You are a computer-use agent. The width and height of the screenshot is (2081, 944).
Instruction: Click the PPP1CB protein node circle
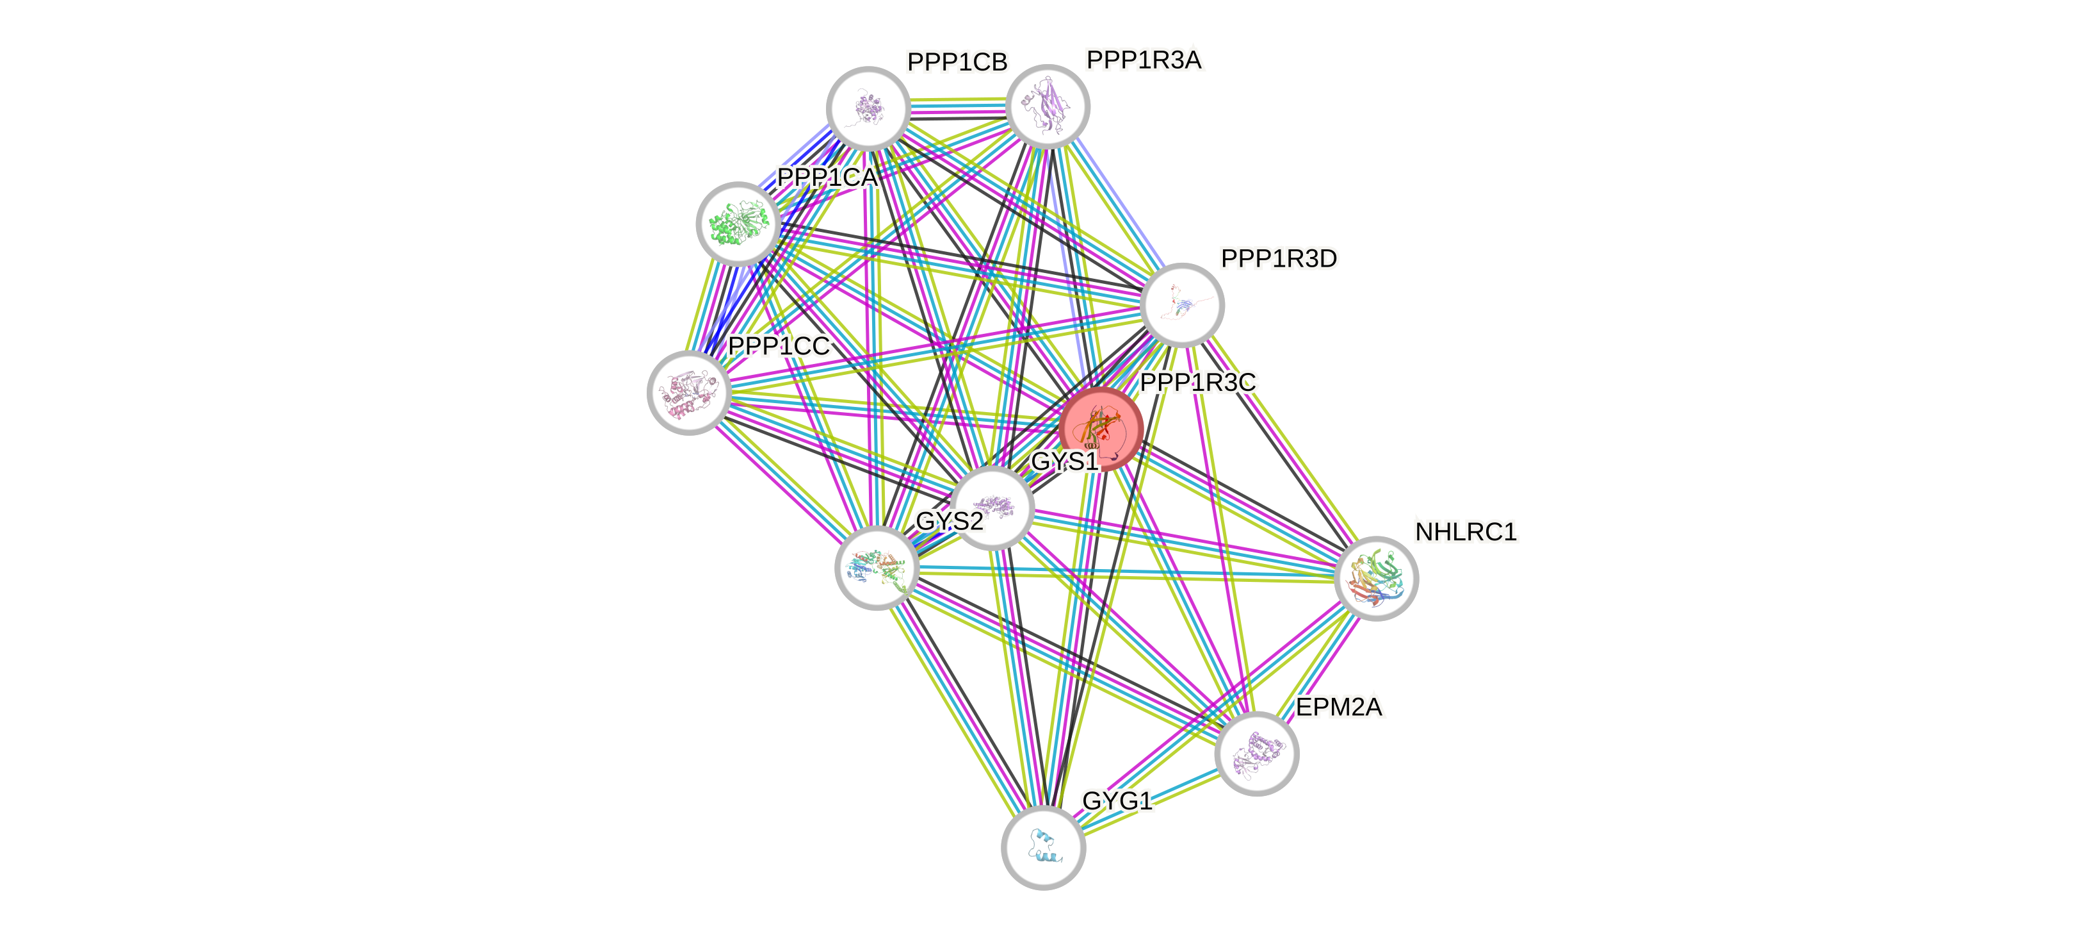868,108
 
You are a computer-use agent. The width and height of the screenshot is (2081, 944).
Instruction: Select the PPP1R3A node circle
1048,106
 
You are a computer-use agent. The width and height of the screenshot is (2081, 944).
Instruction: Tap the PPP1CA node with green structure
738,224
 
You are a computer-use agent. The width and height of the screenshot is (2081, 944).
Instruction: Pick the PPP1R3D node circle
1182,304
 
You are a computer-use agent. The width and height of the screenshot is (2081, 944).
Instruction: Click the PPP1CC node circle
689,393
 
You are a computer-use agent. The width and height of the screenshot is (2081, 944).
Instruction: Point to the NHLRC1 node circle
1376,578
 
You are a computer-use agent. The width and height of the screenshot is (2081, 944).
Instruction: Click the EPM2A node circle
1256,753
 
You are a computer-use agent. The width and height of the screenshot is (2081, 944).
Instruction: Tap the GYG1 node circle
1043,847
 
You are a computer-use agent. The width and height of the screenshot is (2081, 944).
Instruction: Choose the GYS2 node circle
877,568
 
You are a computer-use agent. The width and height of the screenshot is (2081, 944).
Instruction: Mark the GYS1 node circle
993,508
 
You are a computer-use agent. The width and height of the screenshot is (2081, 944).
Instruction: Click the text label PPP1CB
957,62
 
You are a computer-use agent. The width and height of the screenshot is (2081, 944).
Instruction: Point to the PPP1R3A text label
1144,60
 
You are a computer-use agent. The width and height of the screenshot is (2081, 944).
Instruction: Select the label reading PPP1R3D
1279,259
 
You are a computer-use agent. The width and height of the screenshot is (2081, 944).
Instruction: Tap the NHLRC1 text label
1466,532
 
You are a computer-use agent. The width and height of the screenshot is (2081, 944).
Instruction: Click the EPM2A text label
1339,707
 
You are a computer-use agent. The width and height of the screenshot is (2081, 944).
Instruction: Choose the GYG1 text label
1117,801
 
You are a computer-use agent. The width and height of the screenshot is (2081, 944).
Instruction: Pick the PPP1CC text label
779,346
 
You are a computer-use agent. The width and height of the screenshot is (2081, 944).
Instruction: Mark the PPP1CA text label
827,178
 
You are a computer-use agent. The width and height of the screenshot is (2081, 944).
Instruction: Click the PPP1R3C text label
1197,383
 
